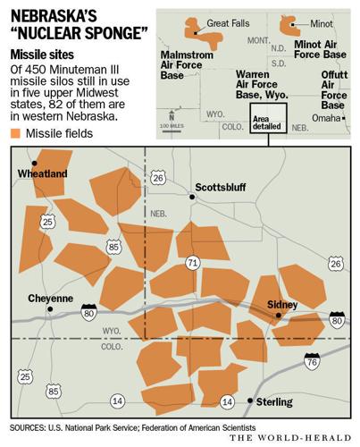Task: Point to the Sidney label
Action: click(x=285, y=305)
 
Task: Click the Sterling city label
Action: click(x=276, y=402)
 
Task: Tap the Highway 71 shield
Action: click(x=193, y=263)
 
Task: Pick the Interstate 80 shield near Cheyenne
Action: click(x=88, y=312)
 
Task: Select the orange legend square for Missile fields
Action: click(x=16, y=133)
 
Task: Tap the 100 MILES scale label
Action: click(x=172, y=127)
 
